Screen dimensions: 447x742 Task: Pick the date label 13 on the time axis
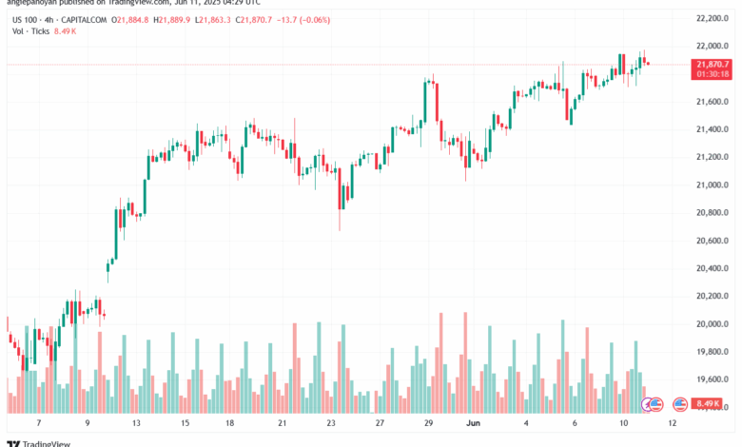[136, 422]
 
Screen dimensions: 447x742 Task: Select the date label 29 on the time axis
[429, 422]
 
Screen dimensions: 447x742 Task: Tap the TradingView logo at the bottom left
[34, 439]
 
